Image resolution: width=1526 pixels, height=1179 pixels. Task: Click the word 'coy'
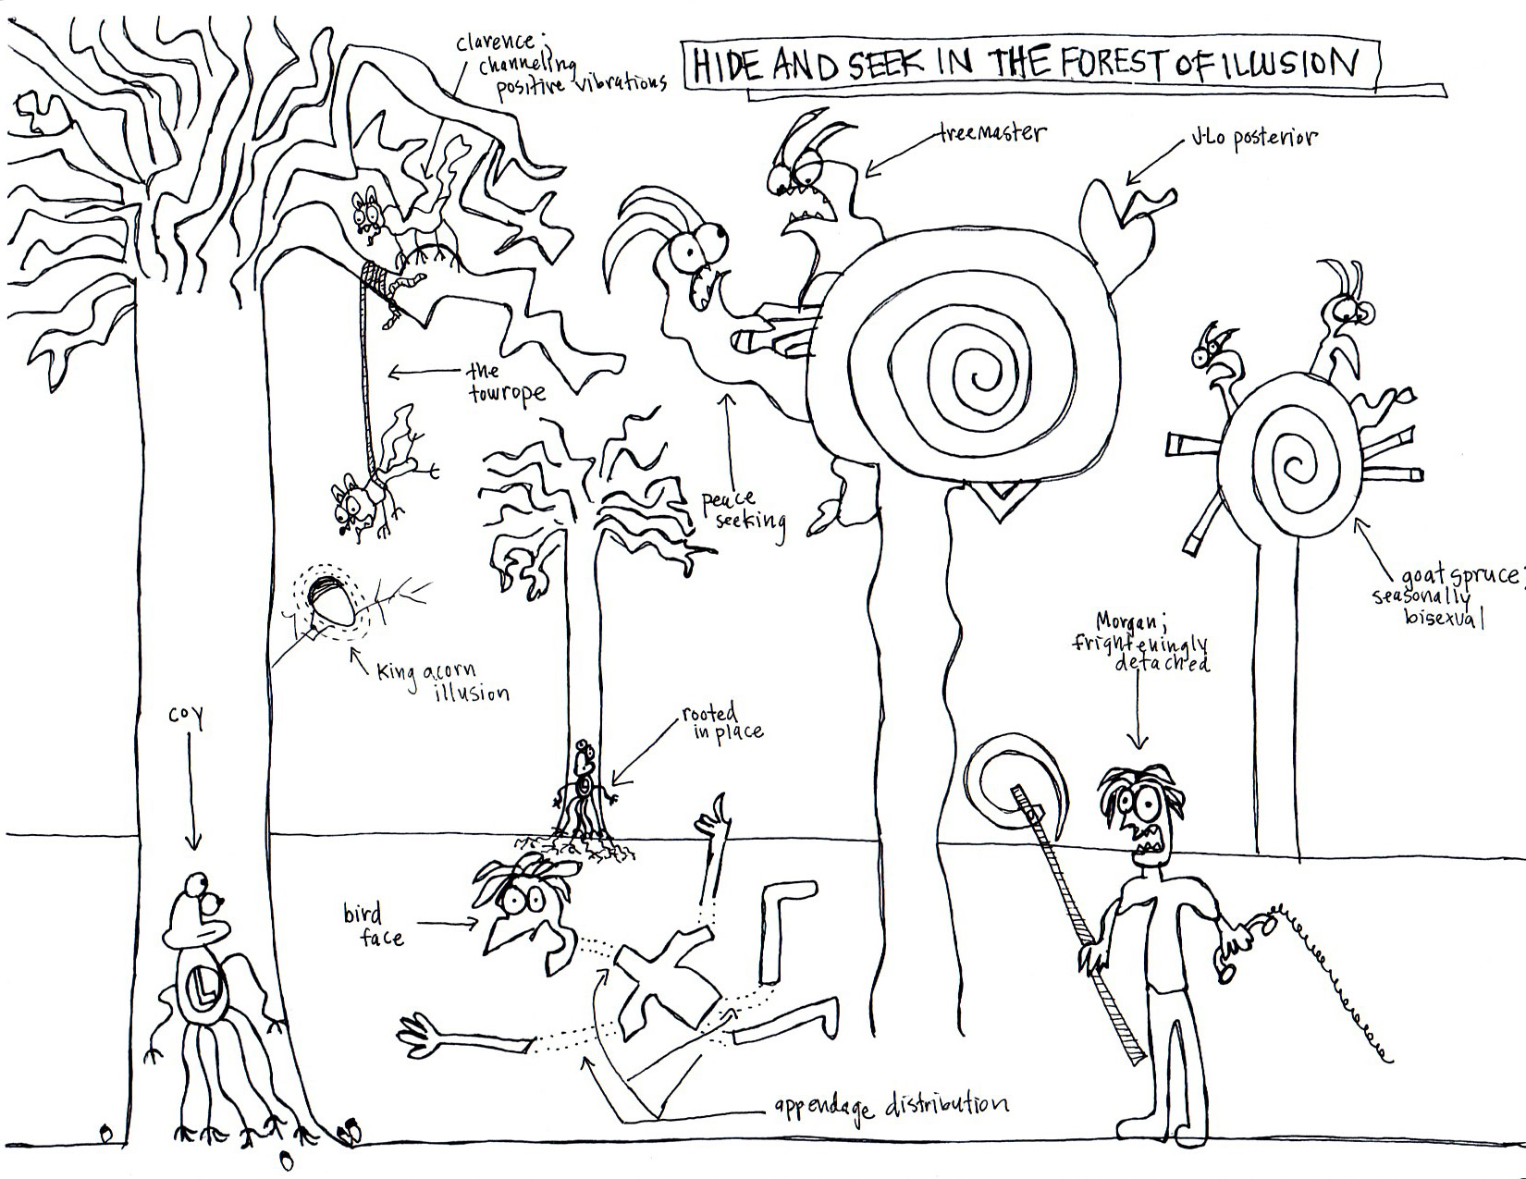coord(184,717)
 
